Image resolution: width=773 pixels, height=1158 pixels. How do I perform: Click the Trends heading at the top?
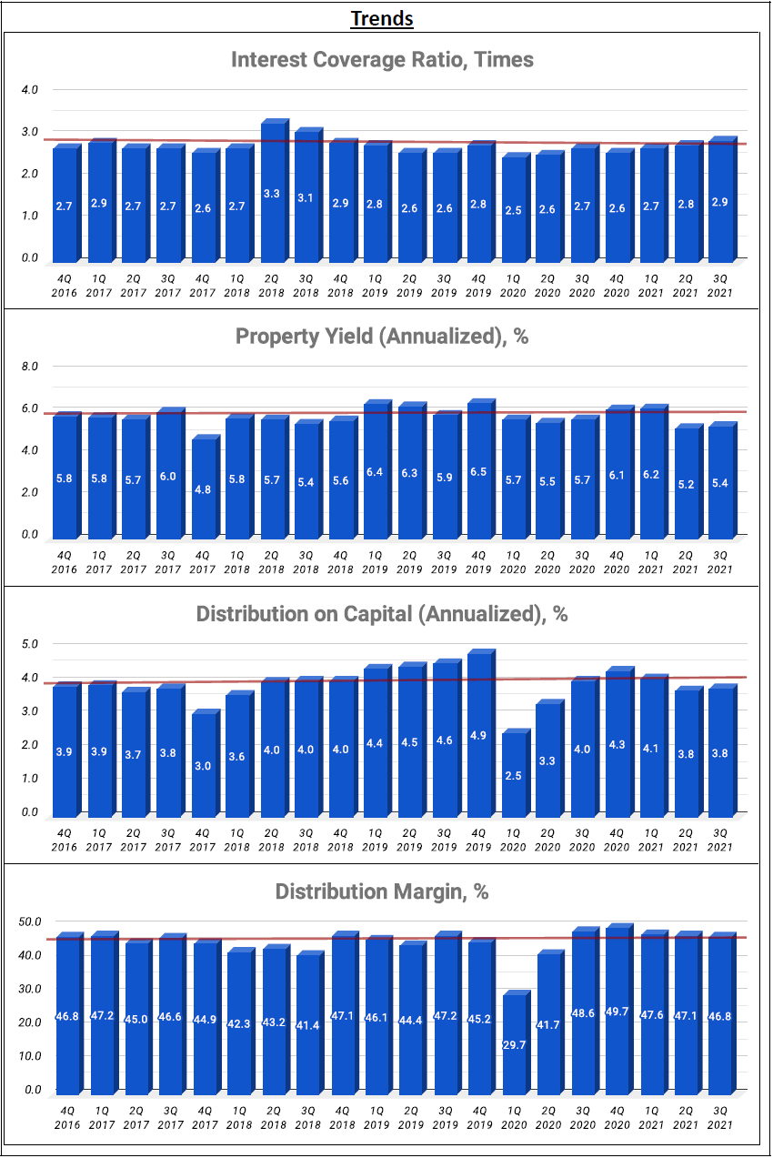382,18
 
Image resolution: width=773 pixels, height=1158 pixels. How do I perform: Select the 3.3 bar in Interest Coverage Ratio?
274,193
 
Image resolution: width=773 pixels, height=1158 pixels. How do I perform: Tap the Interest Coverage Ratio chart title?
382,60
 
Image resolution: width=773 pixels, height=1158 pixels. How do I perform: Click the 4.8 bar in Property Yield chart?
205,489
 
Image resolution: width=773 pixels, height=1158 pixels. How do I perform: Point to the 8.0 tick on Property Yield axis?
29,367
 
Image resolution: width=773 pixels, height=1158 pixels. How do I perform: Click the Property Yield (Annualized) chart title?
382,337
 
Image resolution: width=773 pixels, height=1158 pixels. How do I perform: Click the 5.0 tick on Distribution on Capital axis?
29,644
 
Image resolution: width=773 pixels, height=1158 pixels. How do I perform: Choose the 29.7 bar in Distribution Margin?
515,1044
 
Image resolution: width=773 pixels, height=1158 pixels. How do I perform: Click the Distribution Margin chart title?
382,891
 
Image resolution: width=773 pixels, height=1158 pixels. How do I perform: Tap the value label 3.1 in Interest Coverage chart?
308,198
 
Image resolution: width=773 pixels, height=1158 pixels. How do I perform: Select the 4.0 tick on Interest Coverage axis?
29,90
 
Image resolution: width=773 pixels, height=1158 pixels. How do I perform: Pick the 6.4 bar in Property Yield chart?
376,471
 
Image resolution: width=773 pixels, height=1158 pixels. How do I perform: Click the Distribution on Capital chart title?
382,614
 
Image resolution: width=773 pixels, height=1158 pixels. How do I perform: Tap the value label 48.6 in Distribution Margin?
584,1012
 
